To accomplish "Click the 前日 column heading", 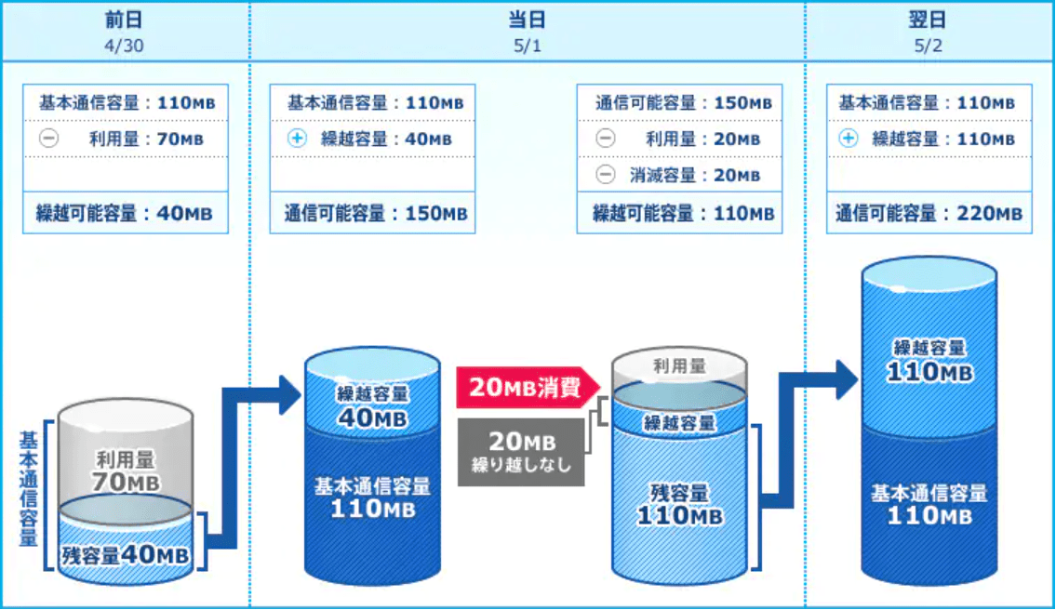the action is tap(124, 20).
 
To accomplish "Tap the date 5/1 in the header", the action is tap(528, 46).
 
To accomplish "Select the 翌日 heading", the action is tap(928, 20).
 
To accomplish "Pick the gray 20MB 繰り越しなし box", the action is tap(521, 452).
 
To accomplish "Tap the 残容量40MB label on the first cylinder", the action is tap(126, 555).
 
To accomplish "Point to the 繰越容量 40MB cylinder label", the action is tap(372, 406).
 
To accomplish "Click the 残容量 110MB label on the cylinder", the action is tap(679, 505).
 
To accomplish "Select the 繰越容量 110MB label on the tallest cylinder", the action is tap(929, 361).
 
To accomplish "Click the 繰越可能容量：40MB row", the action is tap(126, 213).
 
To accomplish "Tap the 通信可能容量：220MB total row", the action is tap(929, 213).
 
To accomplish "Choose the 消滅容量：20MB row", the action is tap(679, 175).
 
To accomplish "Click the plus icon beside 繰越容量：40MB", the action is tap(297, 138).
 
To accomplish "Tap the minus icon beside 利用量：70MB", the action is tap(48, 138).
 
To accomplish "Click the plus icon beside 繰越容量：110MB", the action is tap(849, 138).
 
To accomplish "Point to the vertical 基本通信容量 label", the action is tap(28, 489).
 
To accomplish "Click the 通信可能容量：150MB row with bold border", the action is tap(372, 213).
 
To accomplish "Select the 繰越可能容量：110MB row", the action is tap(679, 213).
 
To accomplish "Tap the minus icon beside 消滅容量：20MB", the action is tap(606, 175).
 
